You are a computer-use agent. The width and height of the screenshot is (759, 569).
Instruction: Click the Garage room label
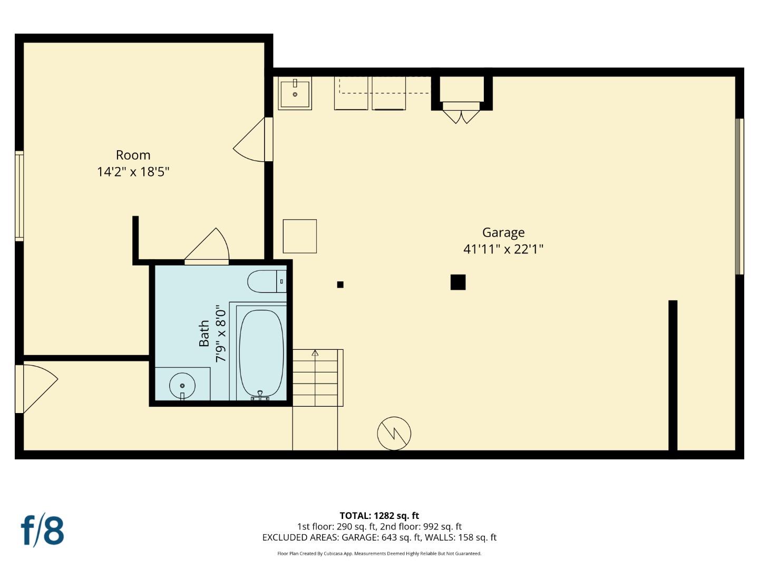[503, 232]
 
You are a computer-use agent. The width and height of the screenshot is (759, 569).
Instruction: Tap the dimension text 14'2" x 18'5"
[133, 172]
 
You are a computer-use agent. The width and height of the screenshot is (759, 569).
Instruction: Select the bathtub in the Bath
[261, 352]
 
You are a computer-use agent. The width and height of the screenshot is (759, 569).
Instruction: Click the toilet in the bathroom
[266, 281]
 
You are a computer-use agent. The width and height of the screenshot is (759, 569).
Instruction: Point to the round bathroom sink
[182, 385]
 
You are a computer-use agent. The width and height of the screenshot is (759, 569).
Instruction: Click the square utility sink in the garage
[295, 93]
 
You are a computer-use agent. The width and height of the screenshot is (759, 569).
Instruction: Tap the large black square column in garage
[458, 282]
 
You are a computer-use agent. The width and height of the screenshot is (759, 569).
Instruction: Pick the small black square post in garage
[340, 284]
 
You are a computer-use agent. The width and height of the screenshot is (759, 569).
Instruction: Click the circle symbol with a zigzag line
[394, 434]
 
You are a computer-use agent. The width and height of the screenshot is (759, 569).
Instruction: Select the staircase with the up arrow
[315, 377]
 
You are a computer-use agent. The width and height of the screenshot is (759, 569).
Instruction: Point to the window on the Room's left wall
[19, 195]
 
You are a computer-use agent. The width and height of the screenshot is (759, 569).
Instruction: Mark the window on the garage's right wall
[739, 196]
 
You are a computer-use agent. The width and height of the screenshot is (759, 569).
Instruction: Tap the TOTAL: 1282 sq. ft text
[379, 516]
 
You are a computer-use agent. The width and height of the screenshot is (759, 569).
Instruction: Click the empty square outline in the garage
[299, 236]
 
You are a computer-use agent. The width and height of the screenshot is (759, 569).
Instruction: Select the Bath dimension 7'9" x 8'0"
[221, 333]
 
